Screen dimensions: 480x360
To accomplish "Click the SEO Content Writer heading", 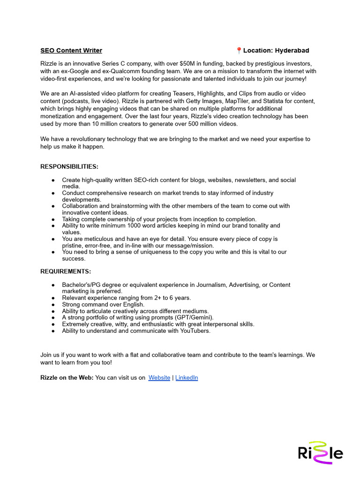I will coord(71,51).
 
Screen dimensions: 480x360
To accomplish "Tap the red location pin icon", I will coord(239,51).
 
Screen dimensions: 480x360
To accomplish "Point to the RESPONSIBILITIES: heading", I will coord(69,166).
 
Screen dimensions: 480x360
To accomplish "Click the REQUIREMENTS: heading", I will coord(66,271).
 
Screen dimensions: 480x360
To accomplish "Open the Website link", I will coord(159,377).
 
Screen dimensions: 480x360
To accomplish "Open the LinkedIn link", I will coord(187,377).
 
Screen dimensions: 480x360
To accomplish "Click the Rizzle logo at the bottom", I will coord(320,453).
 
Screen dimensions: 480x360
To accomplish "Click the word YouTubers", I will coord(194,330).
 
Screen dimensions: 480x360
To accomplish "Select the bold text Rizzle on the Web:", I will coord(67,377).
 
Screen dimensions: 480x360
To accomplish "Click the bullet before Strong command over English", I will coord(53,304).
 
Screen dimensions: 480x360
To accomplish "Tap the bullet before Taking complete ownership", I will coord(53,219).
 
